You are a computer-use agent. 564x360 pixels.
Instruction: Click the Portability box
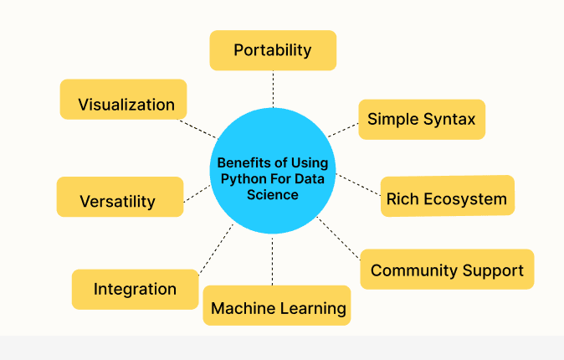pos(273,50)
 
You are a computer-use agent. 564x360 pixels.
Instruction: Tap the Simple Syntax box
pos(422,119)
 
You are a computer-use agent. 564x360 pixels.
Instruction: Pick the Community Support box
pos(447,270)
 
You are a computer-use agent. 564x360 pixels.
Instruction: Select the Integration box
pos(135,289)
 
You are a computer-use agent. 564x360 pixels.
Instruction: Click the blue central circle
pos(273,172)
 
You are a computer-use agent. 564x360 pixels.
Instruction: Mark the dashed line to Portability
pos(273,89)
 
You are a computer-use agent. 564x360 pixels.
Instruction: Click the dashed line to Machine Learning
pos(273,261)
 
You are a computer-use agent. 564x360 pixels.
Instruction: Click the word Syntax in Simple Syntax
pos(449,119)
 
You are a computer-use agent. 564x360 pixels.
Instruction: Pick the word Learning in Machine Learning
pos(311,308)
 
